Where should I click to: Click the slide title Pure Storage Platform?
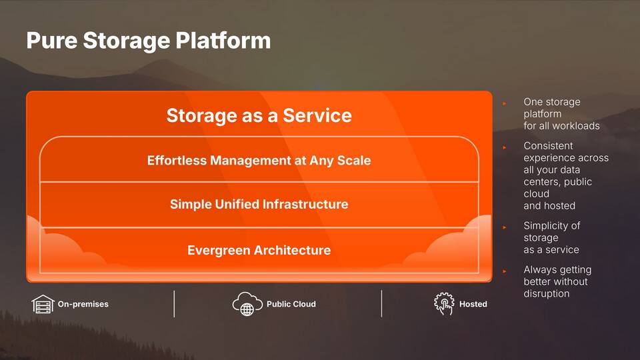(x=149, y=41)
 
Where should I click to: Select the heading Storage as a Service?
(x=259, y=115)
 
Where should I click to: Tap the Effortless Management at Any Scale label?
(x=259, y=161)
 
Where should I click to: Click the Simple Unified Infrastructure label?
(x=259, y=204)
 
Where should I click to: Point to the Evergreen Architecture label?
(x=259, y=250)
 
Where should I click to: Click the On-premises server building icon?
(x=43, y=304)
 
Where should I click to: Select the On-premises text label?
(x=83, y=304)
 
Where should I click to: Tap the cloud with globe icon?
(x=247, y=304)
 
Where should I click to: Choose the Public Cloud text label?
(x=291, y=304)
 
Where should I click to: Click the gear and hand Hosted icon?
(x=444, y=304)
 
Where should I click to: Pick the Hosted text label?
(x=473, y=304)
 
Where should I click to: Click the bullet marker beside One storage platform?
(x=505, y=104)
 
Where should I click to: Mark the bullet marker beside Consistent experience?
(x=505, y=147)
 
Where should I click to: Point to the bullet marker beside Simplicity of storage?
(x=505, y=227)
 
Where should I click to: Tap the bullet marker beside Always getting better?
(x=505, y=271)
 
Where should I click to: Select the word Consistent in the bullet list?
(x=548, y=146)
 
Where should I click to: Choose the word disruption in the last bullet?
(x=547, y=293)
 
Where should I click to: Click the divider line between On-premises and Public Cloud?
(x=174, y=304)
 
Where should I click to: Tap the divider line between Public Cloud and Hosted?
(x=381, y=304)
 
